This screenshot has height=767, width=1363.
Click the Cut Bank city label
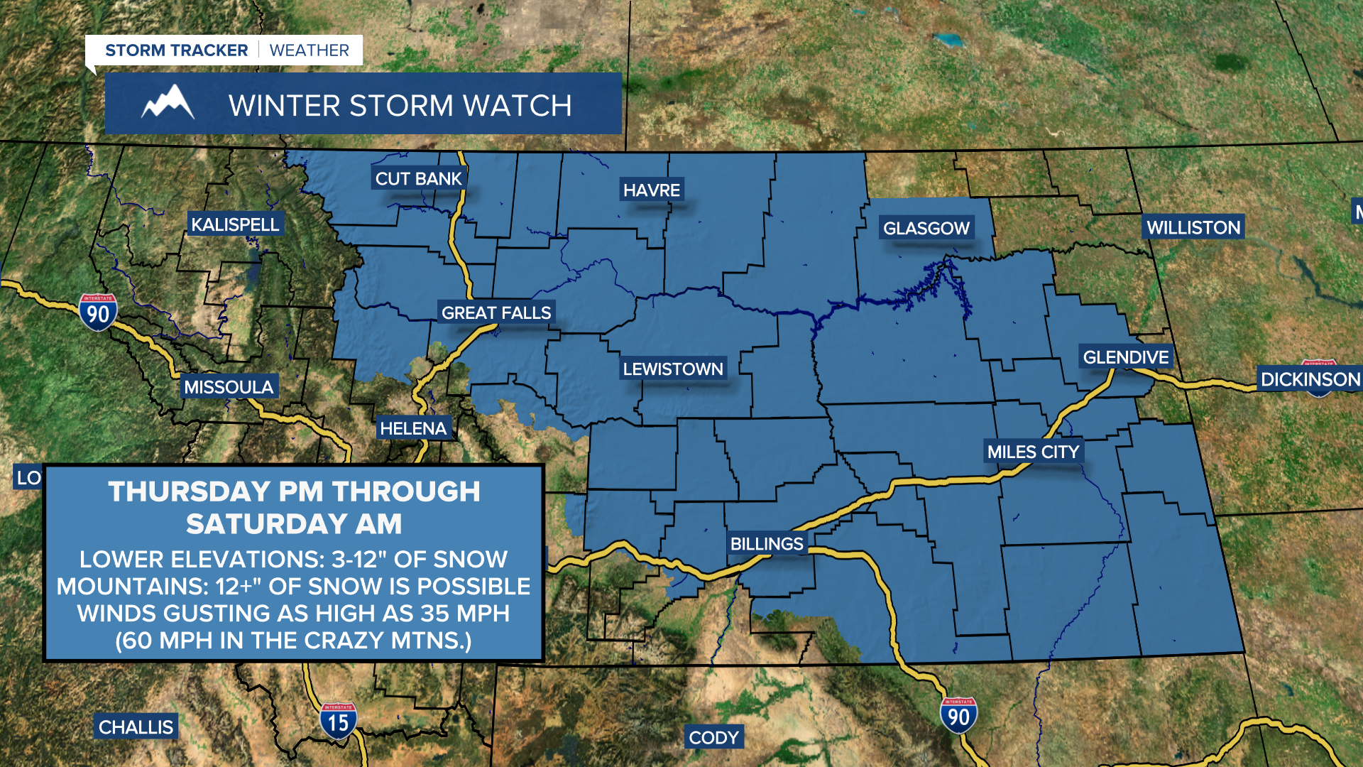pos(418,179)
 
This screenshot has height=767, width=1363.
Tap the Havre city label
pos(651,190)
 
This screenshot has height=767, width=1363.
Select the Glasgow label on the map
pos(926,229)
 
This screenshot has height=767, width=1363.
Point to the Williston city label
pos(1193,227)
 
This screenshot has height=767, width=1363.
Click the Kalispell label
pos(235,224)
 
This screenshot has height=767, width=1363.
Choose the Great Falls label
pos(496,312)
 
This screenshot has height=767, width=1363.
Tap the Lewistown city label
pos(672,369)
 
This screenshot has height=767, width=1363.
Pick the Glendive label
pos(1125,357)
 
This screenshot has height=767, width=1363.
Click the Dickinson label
pos(1309,379)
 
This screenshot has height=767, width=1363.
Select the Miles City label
pos(1032,452)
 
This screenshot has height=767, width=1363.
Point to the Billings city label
pos(767,544)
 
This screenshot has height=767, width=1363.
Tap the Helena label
pos(413,428)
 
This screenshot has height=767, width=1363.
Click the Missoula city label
pos(229,387)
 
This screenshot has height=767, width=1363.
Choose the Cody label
pos(713,738)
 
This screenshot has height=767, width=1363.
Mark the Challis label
pos(136,727)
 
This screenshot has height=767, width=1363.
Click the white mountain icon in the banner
pos(168,103)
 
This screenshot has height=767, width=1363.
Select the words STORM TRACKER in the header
pos(176,50)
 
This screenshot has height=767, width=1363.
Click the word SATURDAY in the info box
pos(267,524)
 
